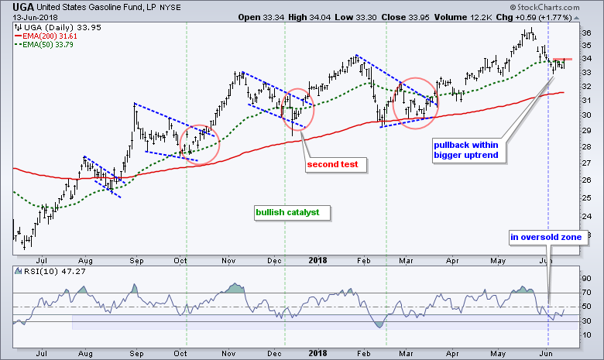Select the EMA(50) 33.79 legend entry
[43, 43]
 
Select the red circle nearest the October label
[201, 142]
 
